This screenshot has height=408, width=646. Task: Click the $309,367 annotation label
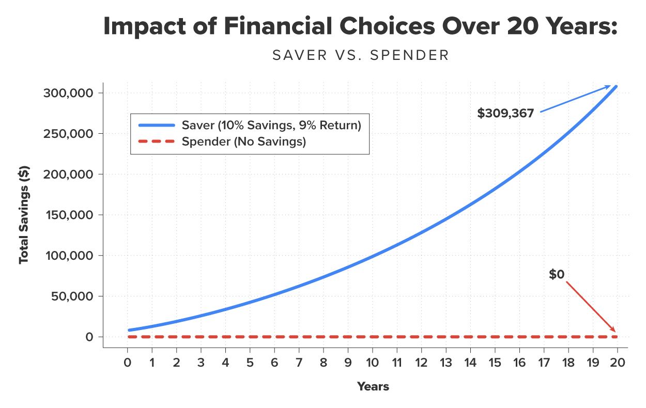point(505,114)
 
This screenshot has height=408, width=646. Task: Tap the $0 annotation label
point(557,275)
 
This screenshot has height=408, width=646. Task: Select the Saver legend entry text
point(271,125)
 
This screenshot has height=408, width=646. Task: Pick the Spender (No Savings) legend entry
point(244,142)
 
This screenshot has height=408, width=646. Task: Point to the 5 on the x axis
point(250,363)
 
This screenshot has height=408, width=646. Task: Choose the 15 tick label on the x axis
point(495,363)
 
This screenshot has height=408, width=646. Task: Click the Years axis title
point(373,386)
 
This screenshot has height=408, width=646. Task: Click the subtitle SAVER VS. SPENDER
point(361,55)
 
